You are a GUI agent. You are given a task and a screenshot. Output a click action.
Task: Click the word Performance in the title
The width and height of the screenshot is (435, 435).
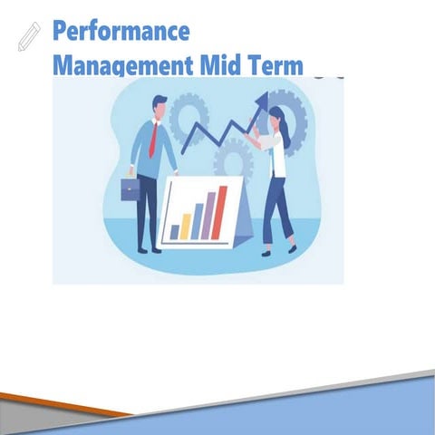click(x=121, y=31)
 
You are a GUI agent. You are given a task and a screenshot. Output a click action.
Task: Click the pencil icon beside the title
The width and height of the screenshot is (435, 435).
click(x=29, y=36)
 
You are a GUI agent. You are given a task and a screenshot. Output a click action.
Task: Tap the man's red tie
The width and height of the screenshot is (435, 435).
click(x=154, y=140)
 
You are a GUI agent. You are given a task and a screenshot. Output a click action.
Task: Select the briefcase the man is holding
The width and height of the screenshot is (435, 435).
click(x=130, y=188)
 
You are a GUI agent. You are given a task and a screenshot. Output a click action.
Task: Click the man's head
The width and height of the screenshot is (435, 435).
click(x=159, y=107)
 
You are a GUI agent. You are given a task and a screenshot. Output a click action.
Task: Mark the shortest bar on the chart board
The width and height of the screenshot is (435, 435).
click(x=175, y=232)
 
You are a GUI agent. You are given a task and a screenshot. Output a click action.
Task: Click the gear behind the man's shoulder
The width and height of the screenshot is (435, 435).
click(x=188, y=116)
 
